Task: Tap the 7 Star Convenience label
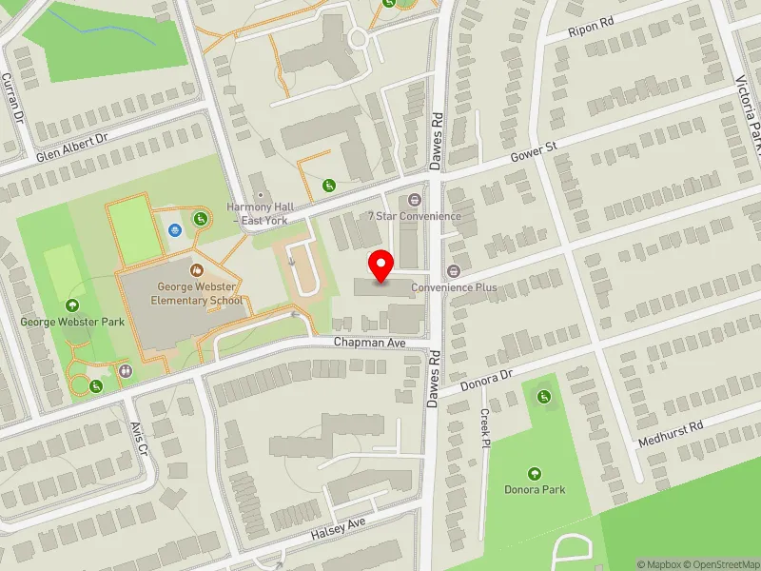tap(415, 216)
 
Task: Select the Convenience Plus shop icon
tap(454, 271)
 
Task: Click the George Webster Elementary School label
tap(197, 293)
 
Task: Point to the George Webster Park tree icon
tap(73, 305)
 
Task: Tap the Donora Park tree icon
tap(534, 473)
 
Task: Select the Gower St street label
tap(532, 154)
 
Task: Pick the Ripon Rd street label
tap(592, 27)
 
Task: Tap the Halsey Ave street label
tap(338, 530)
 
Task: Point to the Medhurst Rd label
tap(671, 432)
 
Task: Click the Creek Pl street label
tap(485, 428)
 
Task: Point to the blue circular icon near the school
tap(174, 229)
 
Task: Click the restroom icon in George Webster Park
tap(126, 370)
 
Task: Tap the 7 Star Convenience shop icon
tap(414, 200)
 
